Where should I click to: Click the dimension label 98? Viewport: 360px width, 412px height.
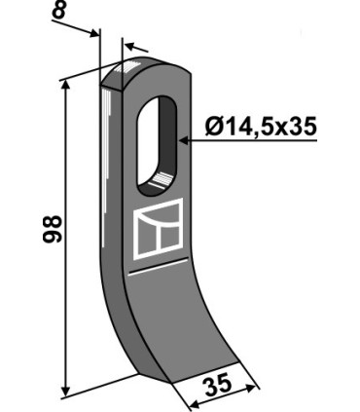pyautogui.click(x=52, y=229)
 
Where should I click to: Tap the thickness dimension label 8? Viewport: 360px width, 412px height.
pyautogui.click(x=59, y=11)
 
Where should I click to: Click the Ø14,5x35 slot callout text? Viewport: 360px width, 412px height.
pyautogui.click(x=261, y=127)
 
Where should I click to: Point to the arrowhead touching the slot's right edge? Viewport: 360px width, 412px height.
pyautogui.click(x=184, y=141)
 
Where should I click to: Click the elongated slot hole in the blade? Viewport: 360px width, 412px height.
pyautogui.click(x=158, y=145)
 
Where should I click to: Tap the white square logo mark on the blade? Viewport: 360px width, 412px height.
pyautogui.click(x=158, y=229)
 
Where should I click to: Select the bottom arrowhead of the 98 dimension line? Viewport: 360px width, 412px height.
pyautogui.click(x=66, y=392)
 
